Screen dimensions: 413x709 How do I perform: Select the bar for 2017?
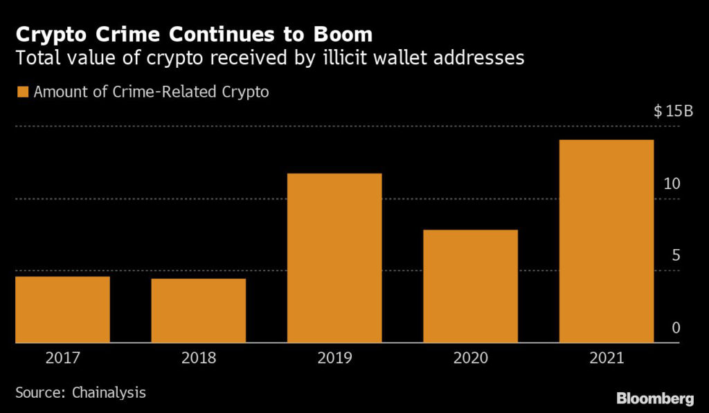pos(62,309)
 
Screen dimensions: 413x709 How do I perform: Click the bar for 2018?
pos(199,311)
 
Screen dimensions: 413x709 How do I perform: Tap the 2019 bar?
pos(334,257)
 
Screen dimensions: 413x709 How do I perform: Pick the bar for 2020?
pos(470,286)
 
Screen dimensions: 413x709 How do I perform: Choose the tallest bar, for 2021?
pos(606,241)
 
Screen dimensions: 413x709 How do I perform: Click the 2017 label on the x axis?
pos(62,358)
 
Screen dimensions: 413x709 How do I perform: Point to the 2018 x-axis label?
pos(199,358)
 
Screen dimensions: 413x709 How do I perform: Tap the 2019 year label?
pos(334,358)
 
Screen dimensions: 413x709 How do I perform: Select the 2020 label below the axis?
pos(470,358)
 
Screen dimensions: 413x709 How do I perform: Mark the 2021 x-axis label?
pos(606,358)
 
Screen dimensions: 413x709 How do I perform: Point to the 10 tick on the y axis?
pos(672,184)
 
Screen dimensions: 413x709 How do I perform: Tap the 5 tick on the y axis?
pos(676,255)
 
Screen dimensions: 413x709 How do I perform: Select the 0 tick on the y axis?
pos(676,327)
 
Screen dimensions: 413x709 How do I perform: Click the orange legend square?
pos(23,91)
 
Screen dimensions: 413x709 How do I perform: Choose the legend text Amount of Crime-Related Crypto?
pos(151,91)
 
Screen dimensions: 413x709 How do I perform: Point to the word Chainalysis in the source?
pos(109,392)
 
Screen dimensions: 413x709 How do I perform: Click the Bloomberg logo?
pos(654,398)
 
